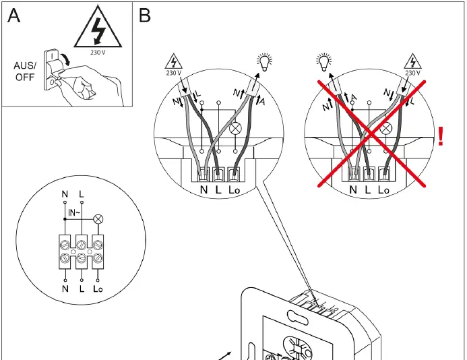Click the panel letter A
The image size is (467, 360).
pos(14,16)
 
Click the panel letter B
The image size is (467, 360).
pos(145,16)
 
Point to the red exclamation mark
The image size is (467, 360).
pos(441,136)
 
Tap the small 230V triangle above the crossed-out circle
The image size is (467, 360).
pos(411,63)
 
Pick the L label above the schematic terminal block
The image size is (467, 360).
pos(82,194)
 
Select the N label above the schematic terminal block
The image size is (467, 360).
pos(65,194)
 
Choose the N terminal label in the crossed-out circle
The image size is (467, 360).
pos(352,191)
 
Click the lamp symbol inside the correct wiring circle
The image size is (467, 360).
pos(235,128)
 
